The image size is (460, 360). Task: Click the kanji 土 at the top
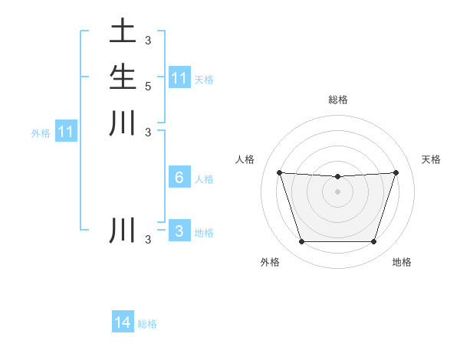click(123, 32)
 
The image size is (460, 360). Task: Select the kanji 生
click(123, 77)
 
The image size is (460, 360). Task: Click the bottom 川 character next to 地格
click(123, 231)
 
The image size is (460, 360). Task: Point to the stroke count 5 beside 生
click(147, 86)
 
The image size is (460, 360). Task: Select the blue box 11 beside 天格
click(179, 78)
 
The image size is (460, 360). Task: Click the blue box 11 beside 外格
click(67, 133)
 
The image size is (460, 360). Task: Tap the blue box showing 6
click(179, 178)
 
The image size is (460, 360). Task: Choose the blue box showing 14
click(123, 323)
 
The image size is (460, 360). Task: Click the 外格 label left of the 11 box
click(41, 133)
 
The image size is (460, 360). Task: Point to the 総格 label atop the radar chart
click(337, 100)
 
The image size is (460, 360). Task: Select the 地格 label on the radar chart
click(402, 263)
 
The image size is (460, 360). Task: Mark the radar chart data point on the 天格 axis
click(396, 172)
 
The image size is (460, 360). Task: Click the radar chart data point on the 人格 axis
click(279, 172)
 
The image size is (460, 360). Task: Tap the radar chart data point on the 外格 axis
click(301, 242)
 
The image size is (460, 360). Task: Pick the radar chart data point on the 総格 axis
click(337, 177)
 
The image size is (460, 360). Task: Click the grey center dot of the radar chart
click(337, 191)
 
